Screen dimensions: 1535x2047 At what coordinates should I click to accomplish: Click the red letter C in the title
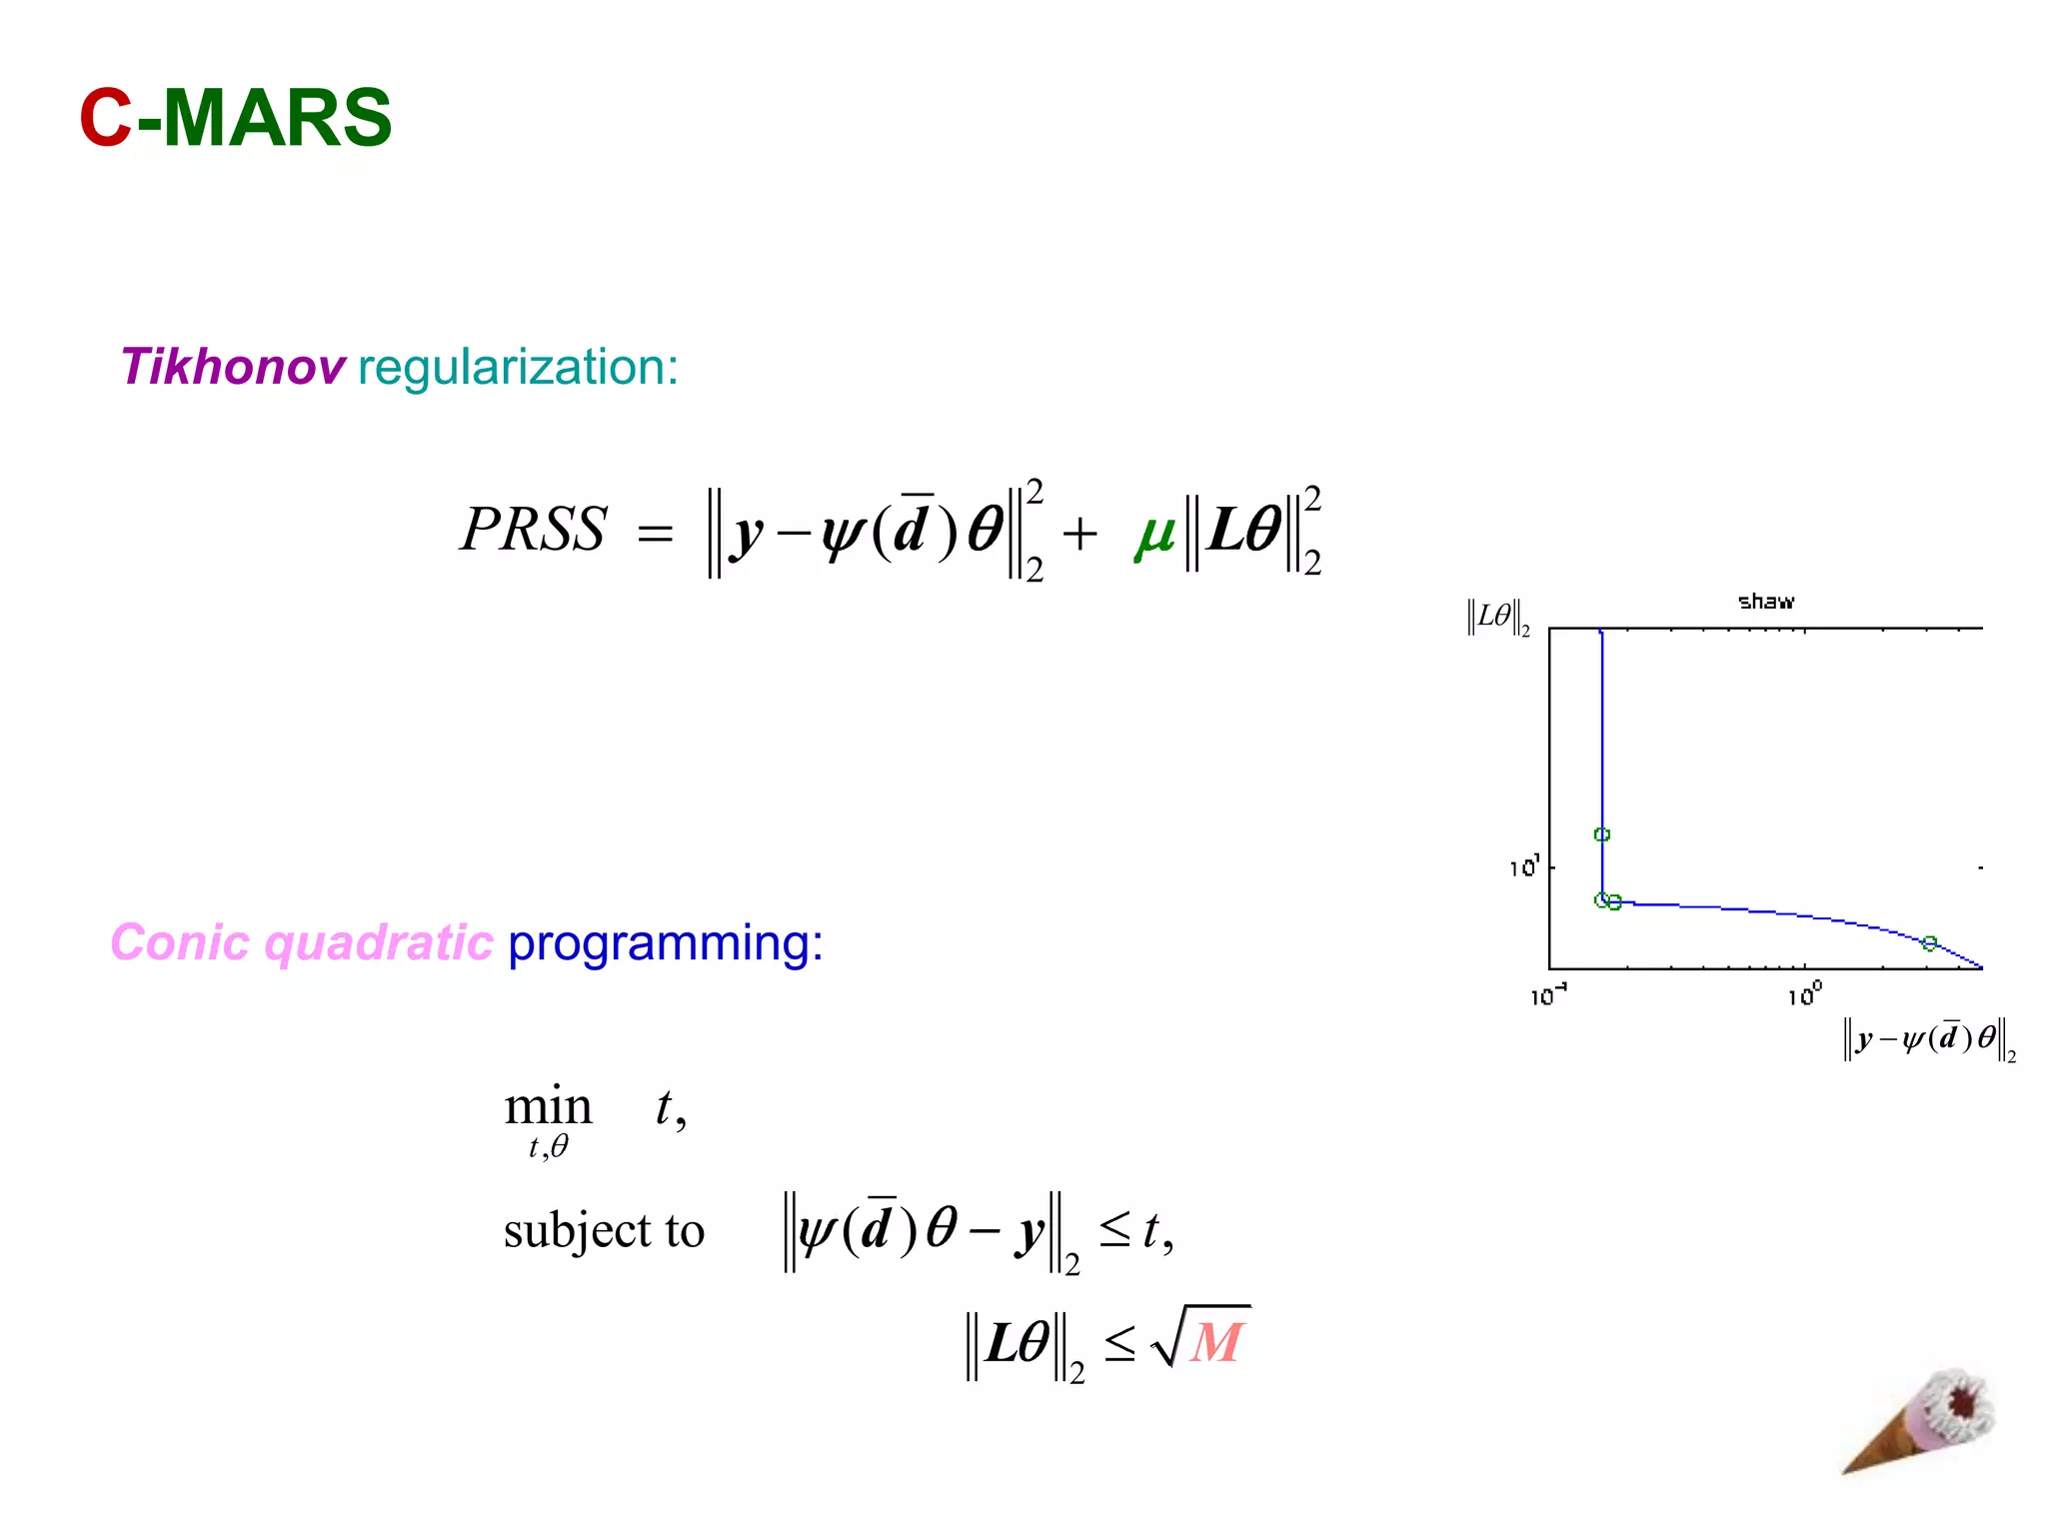(x=106, y=118)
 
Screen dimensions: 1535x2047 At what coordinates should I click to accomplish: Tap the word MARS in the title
(x=276, y=118)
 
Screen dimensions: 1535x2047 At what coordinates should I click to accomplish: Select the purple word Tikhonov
(x=233, y=367)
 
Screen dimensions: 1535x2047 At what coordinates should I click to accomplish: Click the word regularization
(x=518, y=367)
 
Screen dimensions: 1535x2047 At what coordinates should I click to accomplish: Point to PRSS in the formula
(x=534, y=529)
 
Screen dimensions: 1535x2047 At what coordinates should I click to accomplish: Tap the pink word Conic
(x=180, y=942)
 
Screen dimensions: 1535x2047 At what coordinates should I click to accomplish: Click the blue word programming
(x=665, y=942)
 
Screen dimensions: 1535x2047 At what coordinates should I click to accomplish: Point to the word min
(x=548, y=1107)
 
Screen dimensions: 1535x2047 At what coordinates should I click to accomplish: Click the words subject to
(x=604, y=1230)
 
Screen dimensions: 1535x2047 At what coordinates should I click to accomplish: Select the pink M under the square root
(x=1215, y=1342)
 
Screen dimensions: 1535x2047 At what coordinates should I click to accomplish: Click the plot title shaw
(x=1765, y=602)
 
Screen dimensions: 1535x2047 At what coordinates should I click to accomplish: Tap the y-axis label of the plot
(x=1497, y=617)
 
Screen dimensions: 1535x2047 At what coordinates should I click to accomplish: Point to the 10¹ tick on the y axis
(x=1524, y=866)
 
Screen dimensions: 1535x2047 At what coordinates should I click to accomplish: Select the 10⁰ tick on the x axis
(x=1804, y=995)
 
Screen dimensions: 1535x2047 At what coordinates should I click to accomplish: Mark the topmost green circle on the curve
(x=1602, y=834)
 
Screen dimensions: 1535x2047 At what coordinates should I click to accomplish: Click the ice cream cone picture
(x=1919, y=1420)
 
